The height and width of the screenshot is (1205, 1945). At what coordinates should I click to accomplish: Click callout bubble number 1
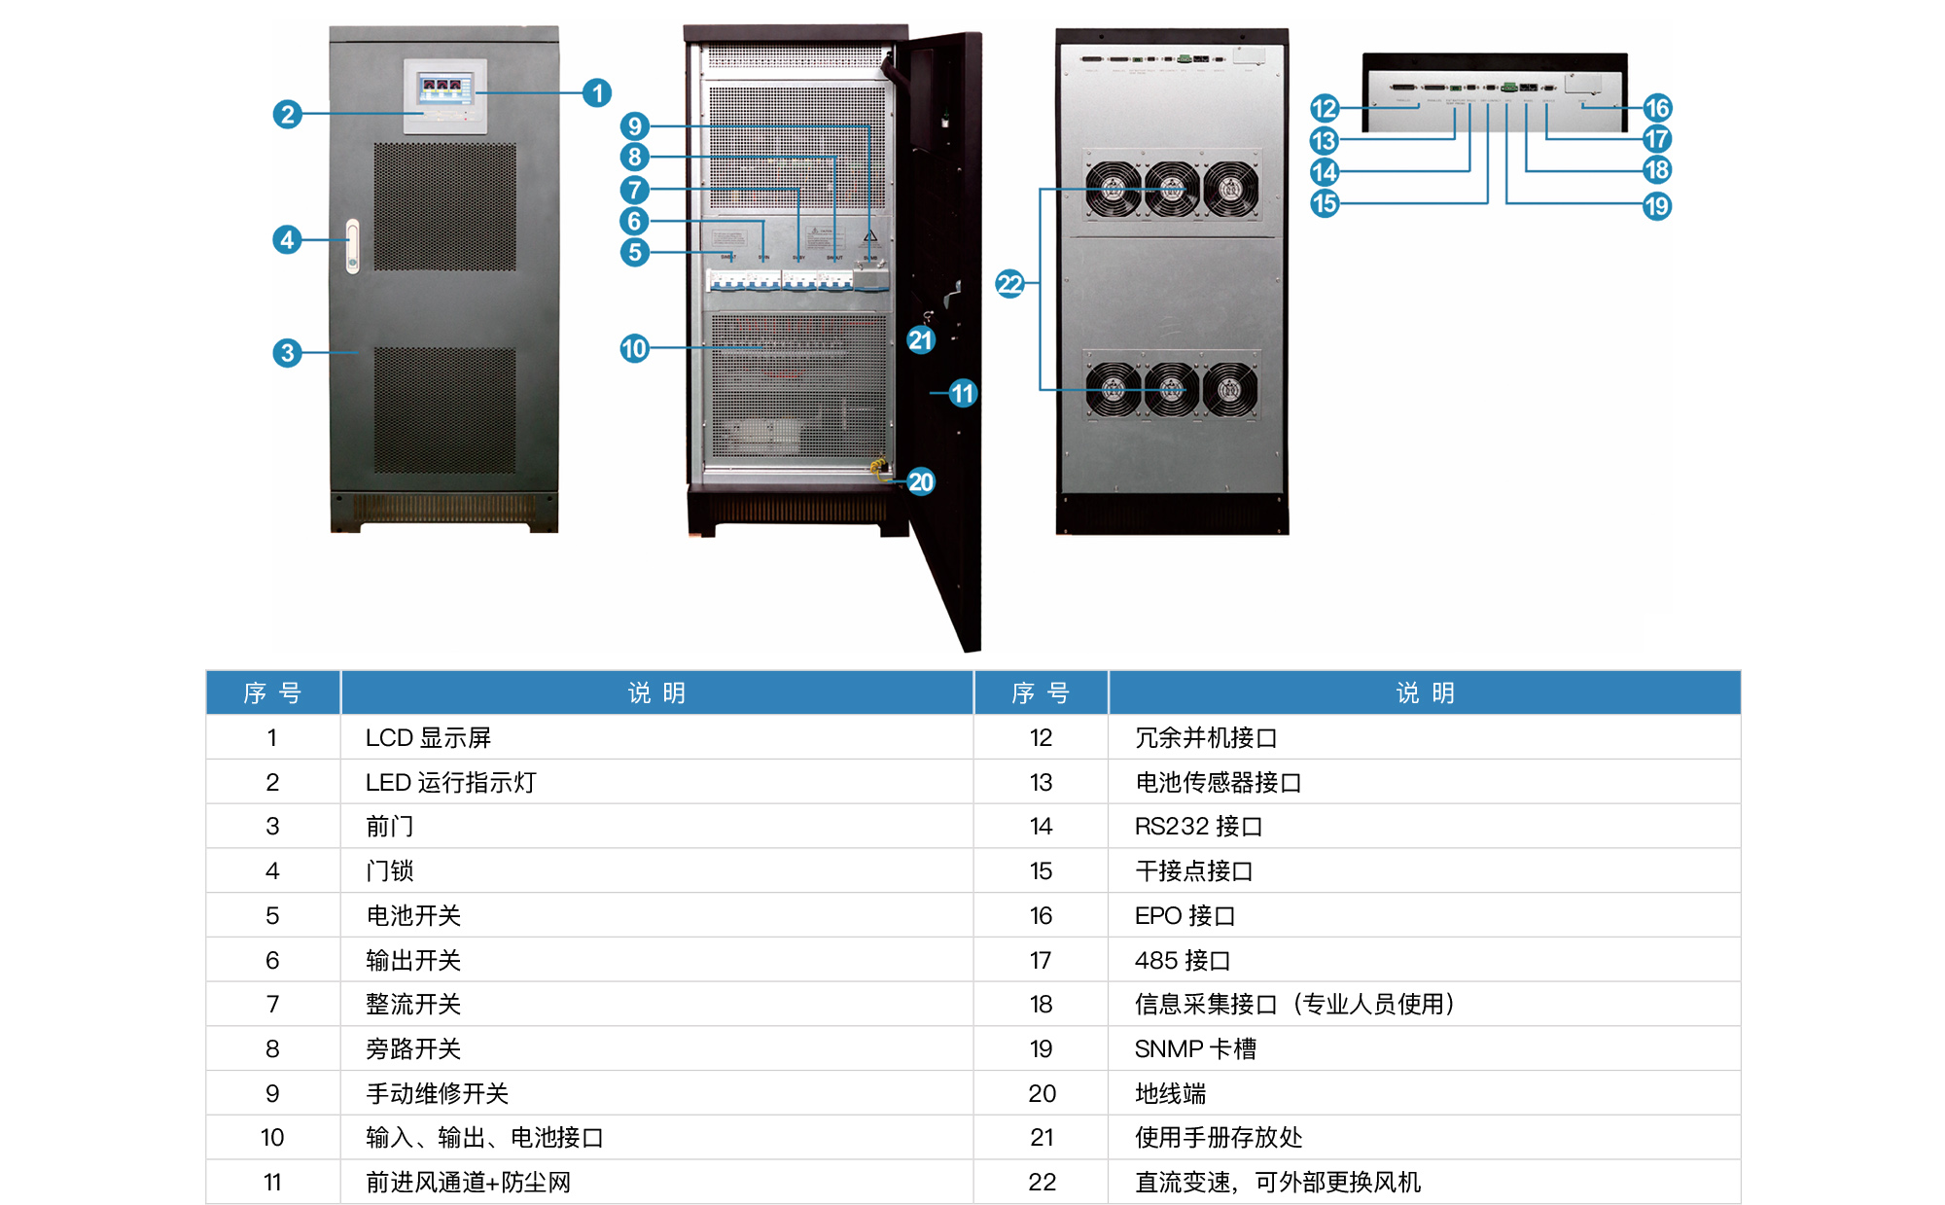click(x=597, y=93)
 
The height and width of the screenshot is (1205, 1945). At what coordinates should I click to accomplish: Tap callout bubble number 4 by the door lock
click(x=286, y=239)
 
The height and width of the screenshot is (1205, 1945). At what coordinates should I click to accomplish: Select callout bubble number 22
click(x=1009, y=284)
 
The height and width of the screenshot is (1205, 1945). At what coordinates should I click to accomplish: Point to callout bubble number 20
click(x=920, y=481)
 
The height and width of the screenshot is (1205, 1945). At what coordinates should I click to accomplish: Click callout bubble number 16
click(x=1657, y=108)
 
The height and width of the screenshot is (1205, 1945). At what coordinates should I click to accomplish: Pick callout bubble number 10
click(x=634, y=348)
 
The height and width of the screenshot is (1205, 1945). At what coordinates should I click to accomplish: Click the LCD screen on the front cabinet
click(x=445, y=89)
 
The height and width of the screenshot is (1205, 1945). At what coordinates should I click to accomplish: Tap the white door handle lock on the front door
click(x=352, y=246)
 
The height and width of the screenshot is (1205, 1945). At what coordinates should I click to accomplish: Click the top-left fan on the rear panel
click(x=1113, y=189)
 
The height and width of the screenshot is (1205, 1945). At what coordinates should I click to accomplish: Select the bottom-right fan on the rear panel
click(x=1230, y=390)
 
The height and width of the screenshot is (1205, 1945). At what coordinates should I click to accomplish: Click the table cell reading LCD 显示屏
click(x=428, y=738)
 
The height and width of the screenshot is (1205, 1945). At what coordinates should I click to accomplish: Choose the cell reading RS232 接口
click(x=1198, y=827)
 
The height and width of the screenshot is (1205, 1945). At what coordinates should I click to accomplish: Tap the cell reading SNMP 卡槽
click(x=1195, y=1049)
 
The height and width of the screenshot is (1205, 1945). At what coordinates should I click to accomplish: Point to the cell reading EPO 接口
click(x=1185, y=916)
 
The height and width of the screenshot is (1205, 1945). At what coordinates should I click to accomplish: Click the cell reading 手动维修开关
click(x=437, y=1094)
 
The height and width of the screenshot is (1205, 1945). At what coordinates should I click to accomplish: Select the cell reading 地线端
click(x=1170, y=1094)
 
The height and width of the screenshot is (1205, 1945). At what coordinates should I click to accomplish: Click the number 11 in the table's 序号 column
click(x=272, y=1183)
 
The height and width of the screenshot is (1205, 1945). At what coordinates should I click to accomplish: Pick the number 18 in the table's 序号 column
click(x=1041, y=1005)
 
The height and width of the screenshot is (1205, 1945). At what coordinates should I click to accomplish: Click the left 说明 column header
click(x=656, y=693)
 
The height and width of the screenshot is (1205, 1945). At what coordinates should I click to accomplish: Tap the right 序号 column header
click(x=1041, y=693)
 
